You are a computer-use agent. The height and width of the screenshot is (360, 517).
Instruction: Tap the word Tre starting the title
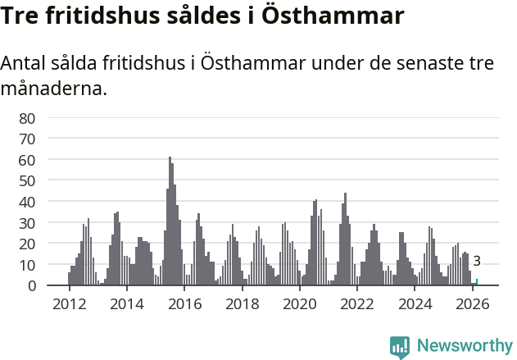23,16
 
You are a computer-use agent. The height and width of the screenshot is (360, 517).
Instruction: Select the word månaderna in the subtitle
54,88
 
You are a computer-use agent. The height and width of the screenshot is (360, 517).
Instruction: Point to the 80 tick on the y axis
27,118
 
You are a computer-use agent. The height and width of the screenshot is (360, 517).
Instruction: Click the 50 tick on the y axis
27,180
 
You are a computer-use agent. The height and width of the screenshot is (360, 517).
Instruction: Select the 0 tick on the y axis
31,285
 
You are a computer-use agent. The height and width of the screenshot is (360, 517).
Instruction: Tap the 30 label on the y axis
27,223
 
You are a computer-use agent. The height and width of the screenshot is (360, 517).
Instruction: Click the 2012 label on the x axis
69,304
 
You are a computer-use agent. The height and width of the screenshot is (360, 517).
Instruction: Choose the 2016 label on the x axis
184,304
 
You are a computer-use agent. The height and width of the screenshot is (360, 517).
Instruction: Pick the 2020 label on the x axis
300,304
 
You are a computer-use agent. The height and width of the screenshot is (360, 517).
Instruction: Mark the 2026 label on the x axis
473,304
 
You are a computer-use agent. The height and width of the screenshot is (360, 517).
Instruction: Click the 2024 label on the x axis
415,304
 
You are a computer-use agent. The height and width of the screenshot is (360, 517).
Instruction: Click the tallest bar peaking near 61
170,221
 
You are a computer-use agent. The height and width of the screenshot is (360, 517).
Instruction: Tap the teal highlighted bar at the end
477,282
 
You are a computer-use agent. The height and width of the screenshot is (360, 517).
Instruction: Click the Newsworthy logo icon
400,346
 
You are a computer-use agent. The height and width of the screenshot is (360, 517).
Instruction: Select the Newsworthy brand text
464,346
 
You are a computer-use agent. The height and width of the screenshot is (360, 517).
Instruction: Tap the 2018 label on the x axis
243,304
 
